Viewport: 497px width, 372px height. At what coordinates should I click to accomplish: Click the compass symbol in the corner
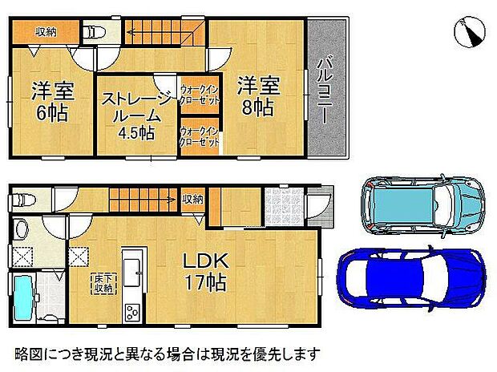469,31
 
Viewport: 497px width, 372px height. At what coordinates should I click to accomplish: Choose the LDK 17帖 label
204,271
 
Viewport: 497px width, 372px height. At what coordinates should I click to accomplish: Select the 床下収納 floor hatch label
101,283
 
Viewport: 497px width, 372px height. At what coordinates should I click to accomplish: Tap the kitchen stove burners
131,313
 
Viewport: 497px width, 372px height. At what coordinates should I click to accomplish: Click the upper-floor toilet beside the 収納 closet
94,33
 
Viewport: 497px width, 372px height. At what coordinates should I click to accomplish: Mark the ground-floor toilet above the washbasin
22,200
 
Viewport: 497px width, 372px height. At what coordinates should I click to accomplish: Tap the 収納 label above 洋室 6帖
46,31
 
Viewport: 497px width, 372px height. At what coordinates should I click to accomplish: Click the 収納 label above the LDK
192,198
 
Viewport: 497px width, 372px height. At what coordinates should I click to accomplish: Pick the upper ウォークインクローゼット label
200,96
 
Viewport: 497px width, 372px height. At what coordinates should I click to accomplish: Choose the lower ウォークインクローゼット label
200,136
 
